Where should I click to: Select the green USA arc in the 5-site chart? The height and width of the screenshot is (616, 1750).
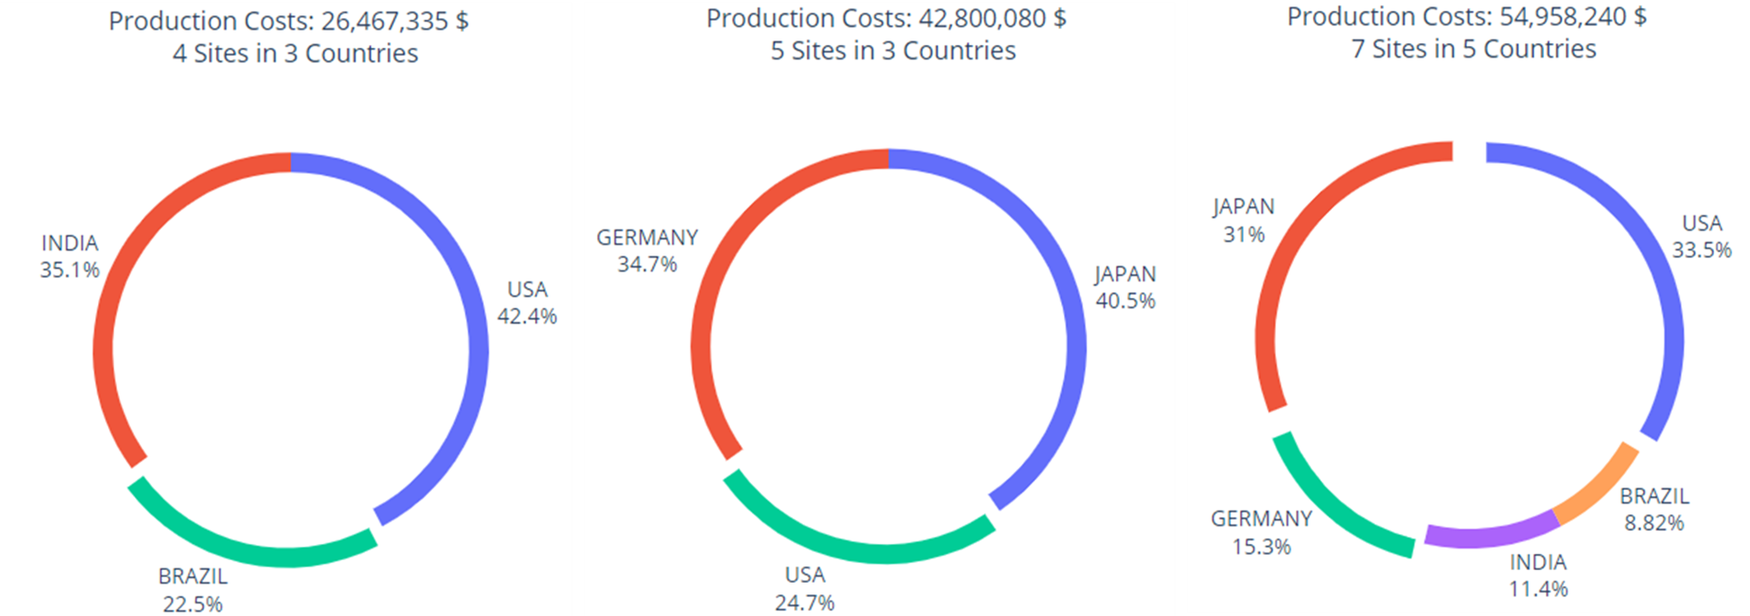point(863,551)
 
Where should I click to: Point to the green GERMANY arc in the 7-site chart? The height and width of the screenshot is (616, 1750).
point(1331,504)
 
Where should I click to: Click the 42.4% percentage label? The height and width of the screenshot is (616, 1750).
point(527,317)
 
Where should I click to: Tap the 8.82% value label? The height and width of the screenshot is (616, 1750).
point(1654,523)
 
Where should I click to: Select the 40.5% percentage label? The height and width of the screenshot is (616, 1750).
point(1125,301)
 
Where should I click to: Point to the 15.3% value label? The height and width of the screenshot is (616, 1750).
point(1261,547)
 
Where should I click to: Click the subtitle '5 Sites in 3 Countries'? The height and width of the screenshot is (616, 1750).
point(893,51)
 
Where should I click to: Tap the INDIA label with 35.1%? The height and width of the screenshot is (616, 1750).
point(70,244)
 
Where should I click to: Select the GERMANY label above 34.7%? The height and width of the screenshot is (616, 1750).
point(647,238)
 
